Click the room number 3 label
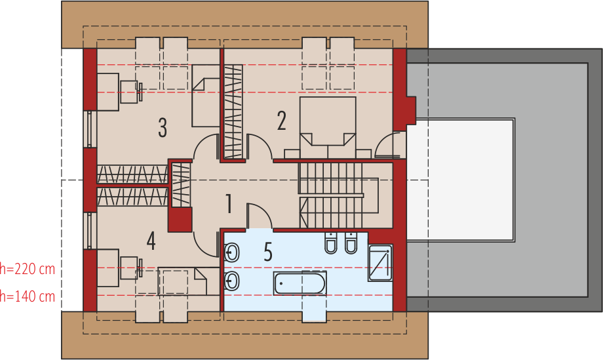click(x=163, y=128)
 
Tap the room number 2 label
click(x=281, y=121)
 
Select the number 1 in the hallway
click(x=229, y=203)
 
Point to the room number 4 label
click(x=151, y=241)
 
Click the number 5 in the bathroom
click(x=268, y=252)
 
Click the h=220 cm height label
click(x=28, y=269)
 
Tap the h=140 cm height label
click(x=28, y=296)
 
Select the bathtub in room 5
click(x=300, y=283)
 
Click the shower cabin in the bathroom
click(x=380, y=263)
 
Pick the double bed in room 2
click(x=328, y=127)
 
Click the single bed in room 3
click(x=206, y=96)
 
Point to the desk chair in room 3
click(x=130, y=92)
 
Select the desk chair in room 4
click(x=130, y=268)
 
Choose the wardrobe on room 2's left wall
click(x=233, y=111)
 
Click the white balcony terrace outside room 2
click(x=460, y=180)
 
